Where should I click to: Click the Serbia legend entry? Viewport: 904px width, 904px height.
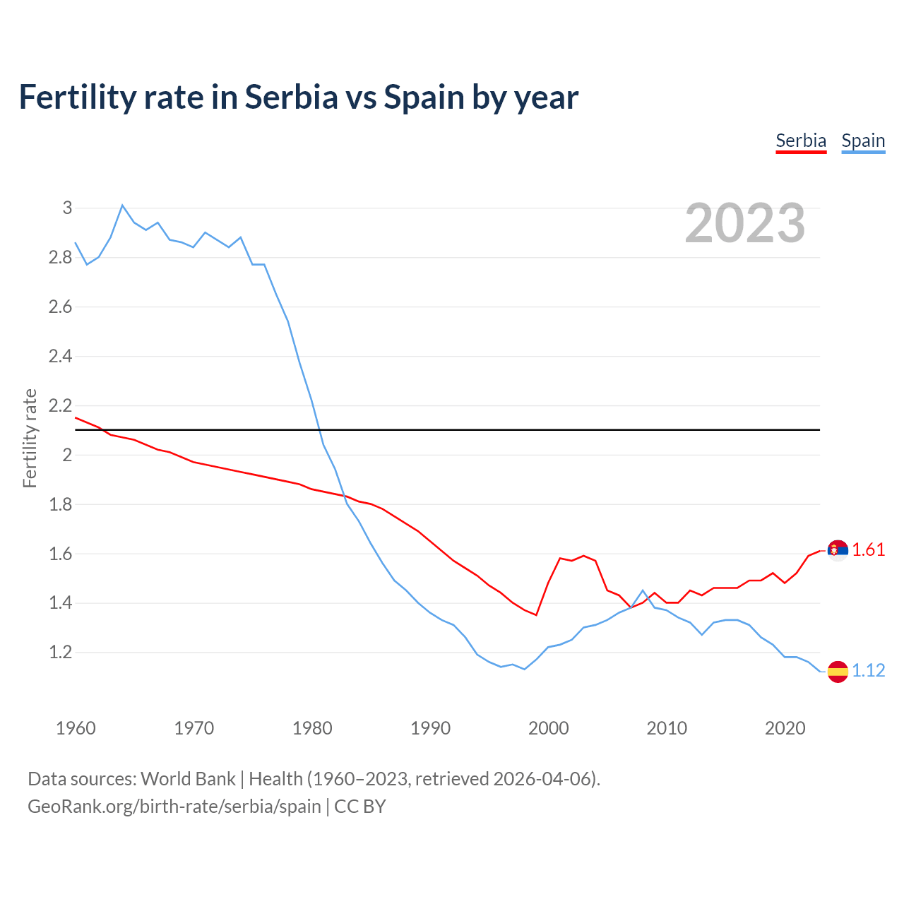click(x=801, y=141)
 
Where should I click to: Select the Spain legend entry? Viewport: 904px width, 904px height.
click(x=863, y=141)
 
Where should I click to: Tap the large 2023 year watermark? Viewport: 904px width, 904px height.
click(x=745, y=223)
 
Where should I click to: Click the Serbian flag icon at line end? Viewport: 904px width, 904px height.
click(x=838, y=550)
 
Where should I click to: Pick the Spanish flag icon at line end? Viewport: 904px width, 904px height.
click(x=838, y=671)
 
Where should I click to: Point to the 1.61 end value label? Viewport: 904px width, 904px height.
click(x=869, y=550)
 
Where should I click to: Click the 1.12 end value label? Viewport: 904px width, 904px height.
click(x=869, y=671)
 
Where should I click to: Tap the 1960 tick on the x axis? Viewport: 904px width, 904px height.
click(x=76, y=728)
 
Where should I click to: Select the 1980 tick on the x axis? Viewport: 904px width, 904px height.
click(x=312, y=728)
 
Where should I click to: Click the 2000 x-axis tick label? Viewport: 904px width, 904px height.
click(x=548, y=728)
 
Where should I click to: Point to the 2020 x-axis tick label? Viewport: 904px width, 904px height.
click(x=785, y=728)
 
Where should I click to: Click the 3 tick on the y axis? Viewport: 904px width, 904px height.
click(x=67, y=208)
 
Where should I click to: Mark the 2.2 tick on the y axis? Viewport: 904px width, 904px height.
click(x=61, y=405)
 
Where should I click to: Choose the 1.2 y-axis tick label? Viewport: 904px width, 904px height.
click(x=61, y=652)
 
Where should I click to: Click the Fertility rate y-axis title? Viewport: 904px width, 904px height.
click(x=30, y=438)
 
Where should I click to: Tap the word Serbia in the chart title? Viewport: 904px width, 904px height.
click(x=292, y=97)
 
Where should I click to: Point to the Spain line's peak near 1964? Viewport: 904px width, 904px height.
click(x=122, y=206)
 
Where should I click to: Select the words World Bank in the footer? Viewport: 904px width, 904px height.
click(x=188, y=779)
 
